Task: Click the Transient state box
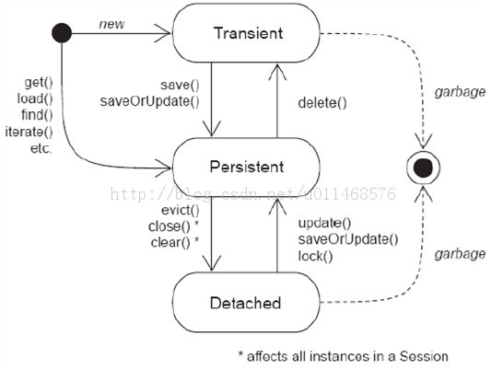click(x=246, y=33)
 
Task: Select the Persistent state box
click(x=246, y=167)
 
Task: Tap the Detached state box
click(x=246, y=302)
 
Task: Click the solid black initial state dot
click(x=62, y=33)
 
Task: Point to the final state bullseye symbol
click(x=424, y=167)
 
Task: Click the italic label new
click(x=111, y=24)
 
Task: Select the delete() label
click(x=322, y=103)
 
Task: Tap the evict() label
click(x=180, y=211)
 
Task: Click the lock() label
click(x=315, y=256)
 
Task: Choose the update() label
click(x=325, y=224)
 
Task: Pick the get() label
click(x=39, y=83)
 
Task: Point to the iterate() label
click(x=29, y=132)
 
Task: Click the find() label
click(x=37, y=115)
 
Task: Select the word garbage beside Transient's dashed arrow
click(x=460, y=92)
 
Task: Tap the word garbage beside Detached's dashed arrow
click(x=460, y=254)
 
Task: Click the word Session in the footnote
click(x=424, y=356)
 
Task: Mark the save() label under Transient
click(x=180, y=85)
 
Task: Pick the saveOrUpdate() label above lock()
click(x=348, y=239)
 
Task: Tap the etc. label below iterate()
click(x=41, y=148)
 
